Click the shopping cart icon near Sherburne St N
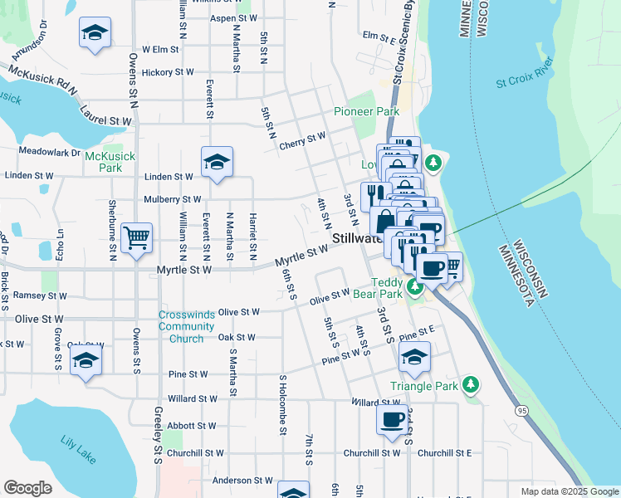[x=136, y=238]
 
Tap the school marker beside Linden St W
[x=217, y=162]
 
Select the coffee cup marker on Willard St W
[x=393, y=420]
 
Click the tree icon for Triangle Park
[x=471, y=384]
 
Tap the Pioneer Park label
[x=366, y=111]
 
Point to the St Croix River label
[x=524, y=83]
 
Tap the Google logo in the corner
[x=27, y=488]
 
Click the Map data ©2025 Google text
[x=569, y=491]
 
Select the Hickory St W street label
[x=163, y=72]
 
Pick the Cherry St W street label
[x=303, y=139]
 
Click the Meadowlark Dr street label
[x=49, y=152]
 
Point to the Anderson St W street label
[x=242, y=480]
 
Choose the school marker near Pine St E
[x=414, y=359]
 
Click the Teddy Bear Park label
[x=386, y=288]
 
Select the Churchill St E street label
[x=444, y=453]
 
